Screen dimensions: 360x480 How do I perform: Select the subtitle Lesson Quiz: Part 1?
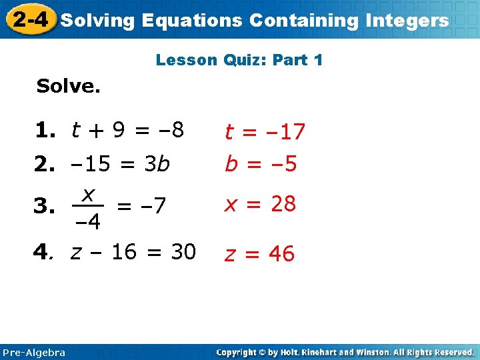pos(239,60)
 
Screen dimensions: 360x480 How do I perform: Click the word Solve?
pos(68,87)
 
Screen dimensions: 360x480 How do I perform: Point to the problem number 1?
pos(49,130)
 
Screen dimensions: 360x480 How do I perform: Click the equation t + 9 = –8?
pos(129,130)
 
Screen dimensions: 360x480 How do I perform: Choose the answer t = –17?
pos(265,132)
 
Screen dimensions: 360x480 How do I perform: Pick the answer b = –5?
pos(261,164)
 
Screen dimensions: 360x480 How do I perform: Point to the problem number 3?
pos(49,208)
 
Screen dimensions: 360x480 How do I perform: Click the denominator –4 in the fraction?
pos(87,221)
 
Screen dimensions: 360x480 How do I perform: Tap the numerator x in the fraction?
pos(88,195)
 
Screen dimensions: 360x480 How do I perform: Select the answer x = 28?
pos(260,204)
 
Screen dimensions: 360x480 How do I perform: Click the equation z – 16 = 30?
pos(133,252)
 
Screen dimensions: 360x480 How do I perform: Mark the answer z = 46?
pos(259,254)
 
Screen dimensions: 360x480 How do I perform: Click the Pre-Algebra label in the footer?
pos(34,352)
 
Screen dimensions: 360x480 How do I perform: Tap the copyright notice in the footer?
pos(345,352)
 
